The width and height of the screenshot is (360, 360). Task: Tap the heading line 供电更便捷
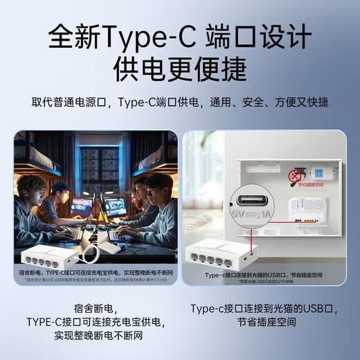pos(179,71)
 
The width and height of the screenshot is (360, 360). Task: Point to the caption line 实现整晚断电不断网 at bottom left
pos(95,337)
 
